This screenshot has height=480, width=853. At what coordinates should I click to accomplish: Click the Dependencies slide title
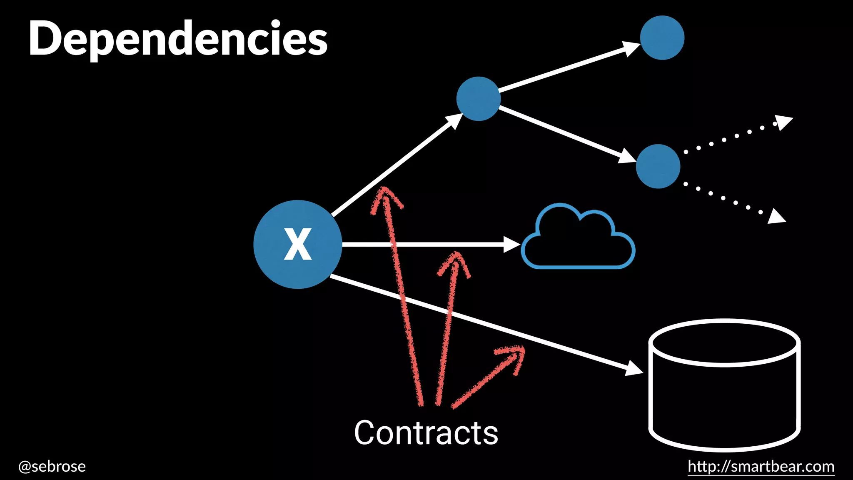point(178,39)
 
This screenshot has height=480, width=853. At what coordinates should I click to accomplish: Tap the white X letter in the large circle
point(298,244)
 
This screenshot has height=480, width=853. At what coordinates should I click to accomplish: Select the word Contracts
point(426,433)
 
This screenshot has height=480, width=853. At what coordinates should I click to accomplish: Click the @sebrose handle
point(52,466)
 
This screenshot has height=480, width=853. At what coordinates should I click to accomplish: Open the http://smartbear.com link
point(761,466)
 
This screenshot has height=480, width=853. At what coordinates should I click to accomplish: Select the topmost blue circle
point(662,38)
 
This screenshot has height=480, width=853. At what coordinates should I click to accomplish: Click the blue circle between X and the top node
point(478,99)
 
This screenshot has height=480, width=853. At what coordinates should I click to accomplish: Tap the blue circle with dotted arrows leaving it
point(658,166)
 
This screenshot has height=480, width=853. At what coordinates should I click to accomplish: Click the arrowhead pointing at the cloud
point(511,245)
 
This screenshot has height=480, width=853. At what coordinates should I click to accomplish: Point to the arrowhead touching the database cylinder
point(634,369)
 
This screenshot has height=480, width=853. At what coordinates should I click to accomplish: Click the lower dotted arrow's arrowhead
point(776,217)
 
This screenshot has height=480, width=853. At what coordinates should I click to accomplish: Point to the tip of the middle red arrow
point(456,254)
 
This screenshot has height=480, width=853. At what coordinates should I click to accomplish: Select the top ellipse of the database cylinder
point(724,342)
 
